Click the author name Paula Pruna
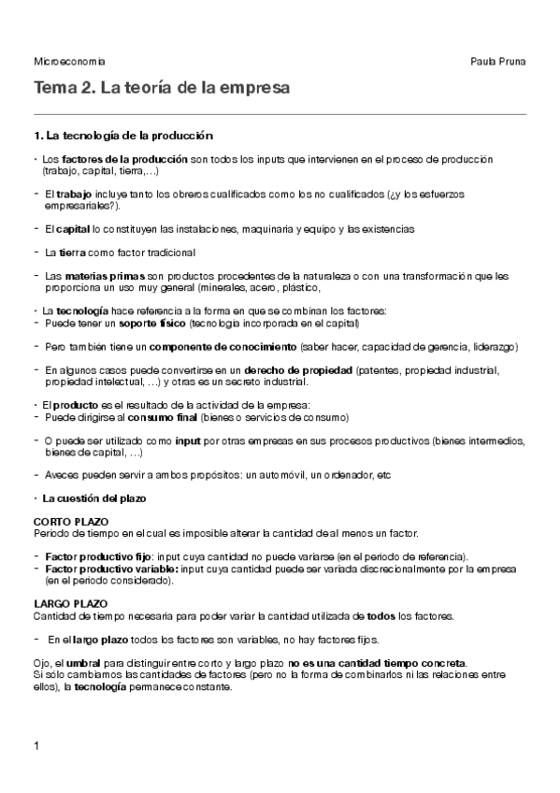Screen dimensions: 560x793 click(500, 62)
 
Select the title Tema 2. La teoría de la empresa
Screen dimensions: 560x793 click(161, 88)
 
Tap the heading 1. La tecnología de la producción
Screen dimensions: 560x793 click(122, 136)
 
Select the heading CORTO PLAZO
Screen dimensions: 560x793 click(71, 520)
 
